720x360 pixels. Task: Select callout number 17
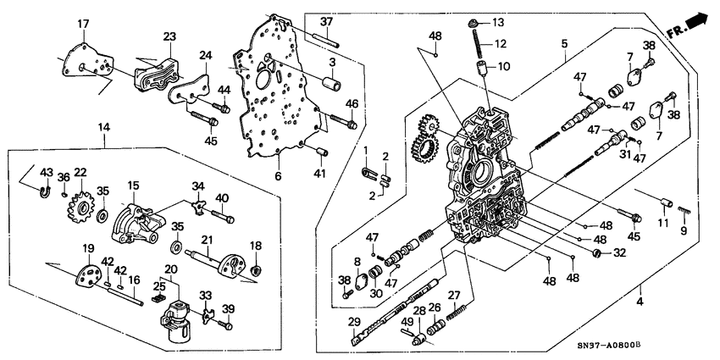pos(84,23)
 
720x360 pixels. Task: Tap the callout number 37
pos(327,21)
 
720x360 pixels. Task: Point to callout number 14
pos(104,128)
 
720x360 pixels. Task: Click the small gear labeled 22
pos(82,206)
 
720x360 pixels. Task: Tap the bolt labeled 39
pos(225,324)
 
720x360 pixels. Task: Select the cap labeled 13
pos(476,23)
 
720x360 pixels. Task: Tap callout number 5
pos(564,42)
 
